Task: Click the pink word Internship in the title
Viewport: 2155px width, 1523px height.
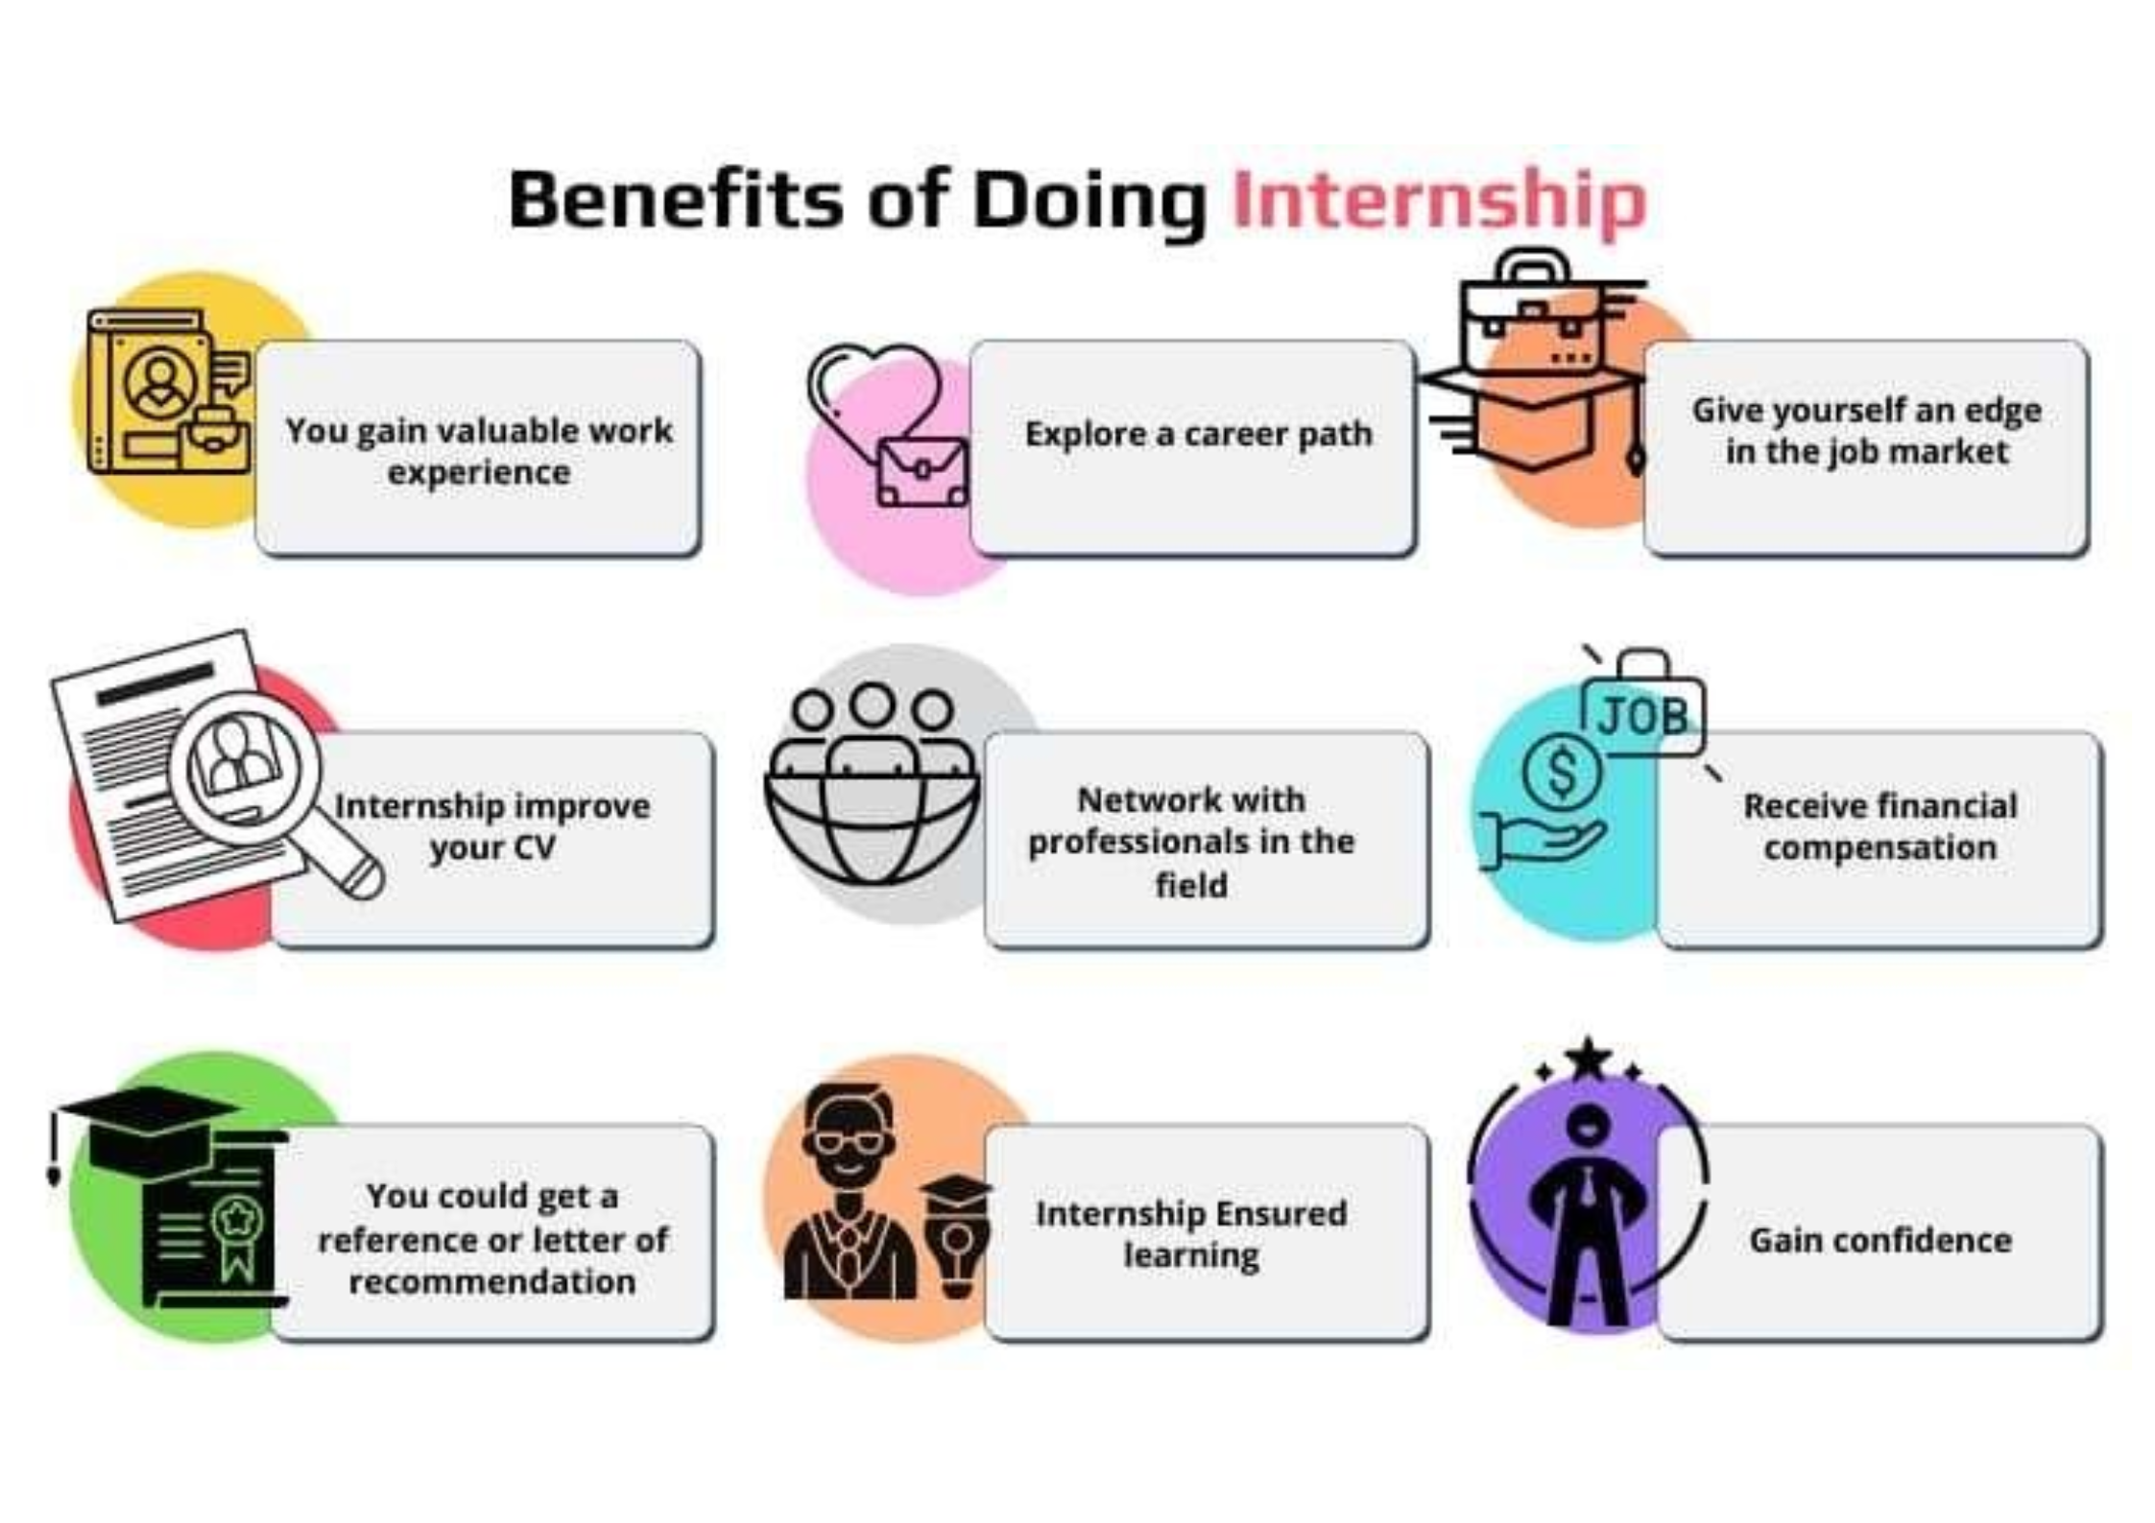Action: tap(1438, 201)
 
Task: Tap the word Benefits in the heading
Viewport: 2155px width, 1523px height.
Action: tap(675, 201)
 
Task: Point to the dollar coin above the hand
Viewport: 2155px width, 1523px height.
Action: tap(1562, 773)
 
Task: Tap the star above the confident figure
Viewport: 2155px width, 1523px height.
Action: tap(1588, 1059)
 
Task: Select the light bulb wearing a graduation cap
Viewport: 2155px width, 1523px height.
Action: tap(956, 1243)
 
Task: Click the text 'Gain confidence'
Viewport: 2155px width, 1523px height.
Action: tap(1880, 1240)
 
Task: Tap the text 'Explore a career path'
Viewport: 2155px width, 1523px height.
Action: tap(1198, 434)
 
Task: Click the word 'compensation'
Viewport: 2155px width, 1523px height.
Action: tap(1880, 848)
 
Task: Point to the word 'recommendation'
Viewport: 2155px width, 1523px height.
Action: tap(491, 1282)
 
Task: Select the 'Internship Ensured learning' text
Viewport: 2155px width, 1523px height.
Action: tap(1190, 1234)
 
